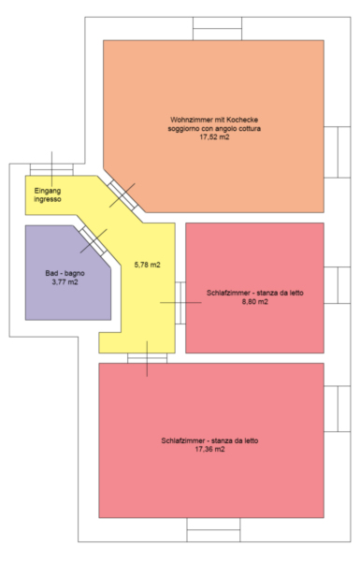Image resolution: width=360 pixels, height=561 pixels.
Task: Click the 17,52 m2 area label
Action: [x=214, y=137]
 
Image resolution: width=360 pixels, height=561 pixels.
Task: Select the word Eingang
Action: [x=48, y=191]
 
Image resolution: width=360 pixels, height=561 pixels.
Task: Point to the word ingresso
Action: [x=48, y=199]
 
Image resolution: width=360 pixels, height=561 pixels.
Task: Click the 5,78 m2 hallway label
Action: [x=148, y=265]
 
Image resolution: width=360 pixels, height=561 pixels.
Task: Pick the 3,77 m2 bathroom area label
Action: [x=65, y=282]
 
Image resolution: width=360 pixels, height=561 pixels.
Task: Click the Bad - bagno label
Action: [x=65, y=273]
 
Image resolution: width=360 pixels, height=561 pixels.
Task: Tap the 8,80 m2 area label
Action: [x=254, y=302]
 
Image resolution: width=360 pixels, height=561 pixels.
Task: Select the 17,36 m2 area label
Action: [x=209, y=449]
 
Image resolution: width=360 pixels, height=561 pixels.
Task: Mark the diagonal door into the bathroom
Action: [x=94, y=241]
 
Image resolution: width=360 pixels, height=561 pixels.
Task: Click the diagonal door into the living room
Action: [x=122, y=195]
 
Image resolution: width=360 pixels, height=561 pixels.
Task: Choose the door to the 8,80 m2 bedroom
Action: [x=180, y=303]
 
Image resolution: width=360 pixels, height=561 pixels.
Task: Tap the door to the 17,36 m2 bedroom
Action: [x=147, y=358]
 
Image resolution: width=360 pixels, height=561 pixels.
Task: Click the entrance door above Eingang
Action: [x=51, y=169]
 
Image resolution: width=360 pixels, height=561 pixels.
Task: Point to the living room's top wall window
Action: [x=217, y=28]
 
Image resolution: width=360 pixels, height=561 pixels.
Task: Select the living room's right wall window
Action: [x=338, y=152]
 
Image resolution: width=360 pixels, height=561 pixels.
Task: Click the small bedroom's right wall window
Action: [x=338, y=285]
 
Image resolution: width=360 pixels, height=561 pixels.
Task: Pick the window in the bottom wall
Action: [x=213, y=529]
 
